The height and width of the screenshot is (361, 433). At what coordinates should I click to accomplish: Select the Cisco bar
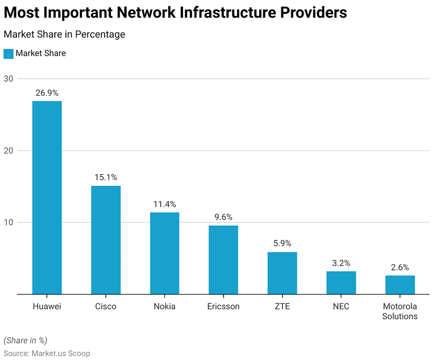tap(106, 240)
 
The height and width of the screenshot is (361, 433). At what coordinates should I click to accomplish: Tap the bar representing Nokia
tap(164, 253)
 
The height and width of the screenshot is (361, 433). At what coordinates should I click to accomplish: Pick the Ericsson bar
tap(223, 260)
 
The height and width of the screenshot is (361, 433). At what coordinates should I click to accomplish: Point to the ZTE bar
tap(282, 273)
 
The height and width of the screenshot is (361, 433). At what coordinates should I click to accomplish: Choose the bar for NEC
tap(341, 283)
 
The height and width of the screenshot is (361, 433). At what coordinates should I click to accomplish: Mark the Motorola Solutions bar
tap(399, 285)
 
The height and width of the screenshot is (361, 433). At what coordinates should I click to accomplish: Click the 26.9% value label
tap(47, 93)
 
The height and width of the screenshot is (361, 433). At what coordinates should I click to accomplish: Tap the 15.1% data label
tap(106, 178)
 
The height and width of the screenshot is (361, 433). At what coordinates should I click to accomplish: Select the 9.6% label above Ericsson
tap(223, 217)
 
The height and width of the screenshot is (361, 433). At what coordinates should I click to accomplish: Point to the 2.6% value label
tap(399, 267)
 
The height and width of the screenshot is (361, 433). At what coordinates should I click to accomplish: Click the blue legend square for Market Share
tap(8, 54)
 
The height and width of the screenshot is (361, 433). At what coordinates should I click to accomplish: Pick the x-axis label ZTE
tap(282, 306)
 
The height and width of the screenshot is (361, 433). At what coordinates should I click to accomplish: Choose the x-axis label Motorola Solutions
tap(399, 312)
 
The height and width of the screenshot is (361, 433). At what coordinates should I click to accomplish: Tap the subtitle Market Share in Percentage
tap(64, 35)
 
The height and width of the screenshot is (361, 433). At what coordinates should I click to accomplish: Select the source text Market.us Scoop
tap(61, 353)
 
